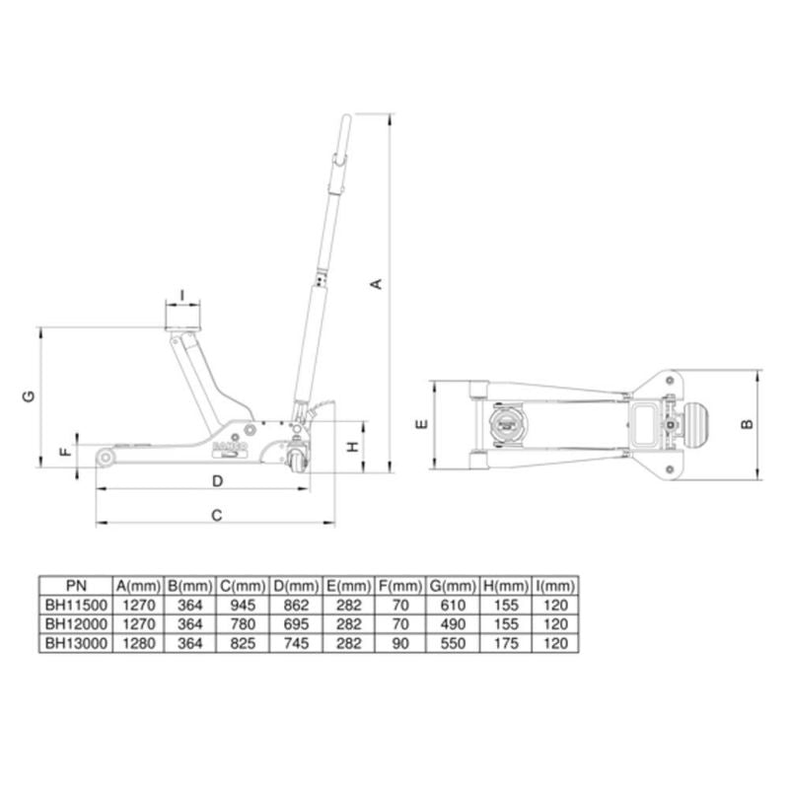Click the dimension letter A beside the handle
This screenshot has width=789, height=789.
point(376,285)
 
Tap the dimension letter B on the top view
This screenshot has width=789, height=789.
point(748,423)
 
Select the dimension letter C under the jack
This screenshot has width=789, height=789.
point(218,515)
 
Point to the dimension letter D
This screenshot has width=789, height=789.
point(218,480)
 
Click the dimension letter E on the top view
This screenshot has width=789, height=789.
point(420,424)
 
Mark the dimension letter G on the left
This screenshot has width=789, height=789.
point(30,396)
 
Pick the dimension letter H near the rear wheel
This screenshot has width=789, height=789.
point(350,447)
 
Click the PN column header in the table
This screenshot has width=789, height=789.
point(75,585)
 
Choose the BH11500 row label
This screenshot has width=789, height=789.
point(75,605)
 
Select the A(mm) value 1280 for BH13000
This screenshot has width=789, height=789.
point(137,642)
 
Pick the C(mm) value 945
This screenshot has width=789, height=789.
point(242,605)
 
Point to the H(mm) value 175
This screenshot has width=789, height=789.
point(505,642)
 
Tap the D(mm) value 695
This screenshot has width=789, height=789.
point(295,623)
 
